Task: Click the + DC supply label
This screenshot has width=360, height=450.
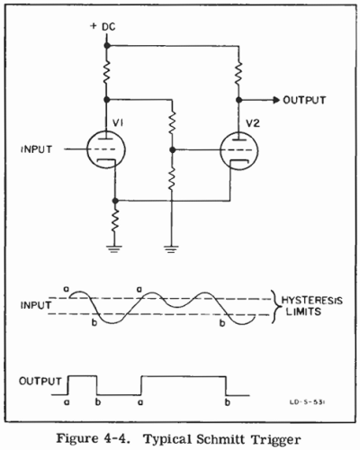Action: click(x=103, y=26)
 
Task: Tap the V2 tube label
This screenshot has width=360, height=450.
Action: click(x=252, y=123)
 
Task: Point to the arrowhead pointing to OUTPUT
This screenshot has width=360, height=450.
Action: click(x=276, y=100)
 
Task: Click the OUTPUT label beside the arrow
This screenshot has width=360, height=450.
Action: click(x=304, y=100)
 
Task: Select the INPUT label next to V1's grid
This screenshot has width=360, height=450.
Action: click(x=36, y=149)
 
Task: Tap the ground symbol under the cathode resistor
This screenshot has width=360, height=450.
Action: click(x=114, y=248)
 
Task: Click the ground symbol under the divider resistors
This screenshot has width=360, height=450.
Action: click(x=171, y=248)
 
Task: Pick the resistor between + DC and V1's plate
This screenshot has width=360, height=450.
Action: click(x=106, y=72)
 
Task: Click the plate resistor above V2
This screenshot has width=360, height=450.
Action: click(x=238, y=73)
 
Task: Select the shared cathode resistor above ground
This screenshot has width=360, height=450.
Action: click(x=114, y=220)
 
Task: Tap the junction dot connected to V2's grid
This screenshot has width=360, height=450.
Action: click(x=172, y=149)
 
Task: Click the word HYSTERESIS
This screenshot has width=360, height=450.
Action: click(x=312, y=301)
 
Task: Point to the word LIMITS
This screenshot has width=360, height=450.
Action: click(x=303, y=311)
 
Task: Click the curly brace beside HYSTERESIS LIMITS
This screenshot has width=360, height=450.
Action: click(x=274, y=307)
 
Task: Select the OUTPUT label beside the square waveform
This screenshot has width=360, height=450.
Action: click(x=40, y=382)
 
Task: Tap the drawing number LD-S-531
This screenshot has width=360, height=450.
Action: click(x=308, y=402)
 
